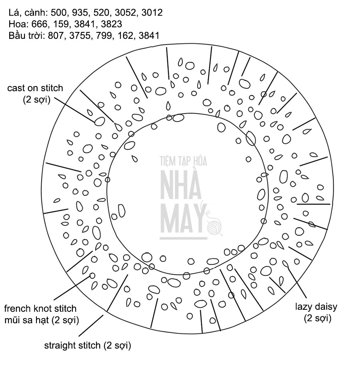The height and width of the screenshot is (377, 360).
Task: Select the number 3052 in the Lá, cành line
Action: [126, 13]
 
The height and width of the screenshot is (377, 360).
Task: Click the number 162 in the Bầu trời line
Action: [124, 35]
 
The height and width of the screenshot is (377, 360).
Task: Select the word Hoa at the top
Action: [17, 24]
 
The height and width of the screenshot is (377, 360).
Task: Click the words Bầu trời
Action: [26, 35]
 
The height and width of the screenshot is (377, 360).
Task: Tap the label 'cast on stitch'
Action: [35, 88]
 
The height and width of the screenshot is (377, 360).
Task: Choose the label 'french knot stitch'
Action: [40, 309]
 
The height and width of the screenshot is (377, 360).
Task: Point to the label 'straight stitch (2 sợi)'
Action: [88, 345]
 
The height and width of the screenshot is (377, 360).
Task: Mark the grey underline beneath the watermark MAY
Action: [183, 239]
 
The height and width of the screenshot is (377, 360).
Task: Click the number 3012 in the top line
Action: [152, 13]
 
